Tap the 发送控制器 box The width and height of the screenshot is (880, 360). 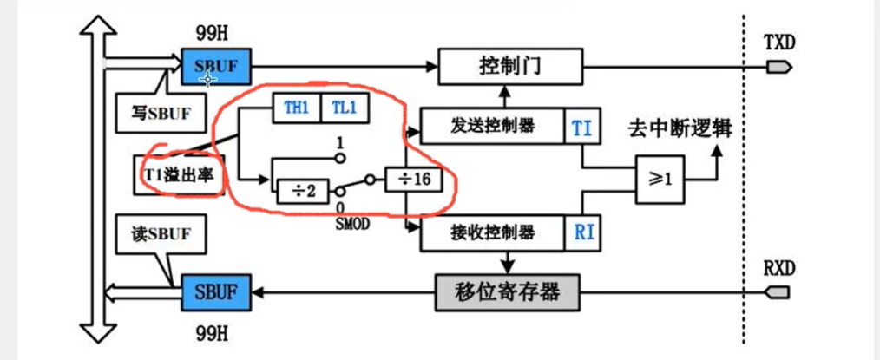click(x=491, y=126)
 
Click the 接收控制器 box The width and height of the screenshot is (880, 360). click(x=491, y=232)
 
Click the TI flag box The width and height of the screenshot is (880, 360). click(x=581, y=127)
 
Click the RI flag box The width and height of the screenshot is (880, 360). click(x=581, y=232)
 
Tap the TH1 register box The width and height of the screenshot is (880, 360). click(x=296, y=108)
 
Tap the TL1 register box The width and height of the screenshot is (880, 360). click(x=345, y=108)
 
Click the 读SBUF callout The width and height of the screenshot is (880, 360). click(x=154, y=234)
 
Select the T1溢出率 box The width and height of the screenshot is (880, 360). click(x=179, y=173)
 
